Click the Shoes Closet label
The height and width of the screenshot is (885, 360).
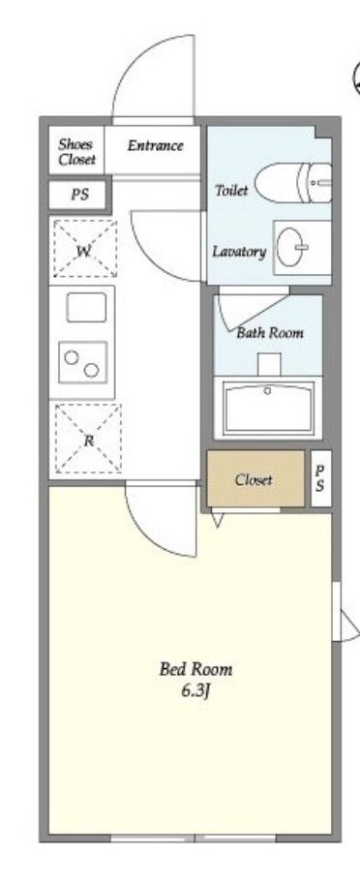(x=77, y=152)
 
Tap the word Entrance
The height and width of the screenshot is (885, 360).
(x=155, y=145)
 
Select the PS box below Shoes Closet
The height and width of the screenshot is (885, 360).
(x=79, y=195)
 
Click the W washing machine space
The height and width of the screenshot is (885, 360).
(x=85, y=248)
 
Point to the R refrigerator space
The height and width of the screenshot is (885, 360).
(x=88, y=439)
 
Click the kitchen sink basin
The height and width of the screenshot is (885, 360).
(x=86, y=308)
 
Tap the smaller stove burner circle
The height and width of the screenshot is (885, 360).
(x=71, y=357)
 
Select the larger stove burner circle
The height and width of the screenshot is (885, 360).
(x=91, y=370)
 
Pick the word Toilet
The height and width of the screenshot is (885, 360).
(x=231, y=190)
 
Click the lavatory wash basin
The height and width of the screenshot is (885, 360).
(x=291, y=248)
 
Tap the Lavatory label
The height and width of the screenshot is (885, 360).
(x=239, y=251)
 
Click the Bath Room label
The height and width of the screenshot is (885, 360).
(x=270, y=332)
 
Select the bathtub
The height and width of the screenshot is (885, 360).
(x=268, y=408)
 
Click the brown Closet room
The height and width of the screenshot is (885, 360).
(x=255, y=478)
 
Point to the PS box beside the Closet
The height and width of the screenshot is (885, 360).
(x=320, y=478)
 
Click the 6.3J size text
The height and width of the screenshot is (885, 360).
(x=195, y=690)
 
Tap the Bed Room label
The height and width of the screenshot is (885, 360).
(x=195, y=669)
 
